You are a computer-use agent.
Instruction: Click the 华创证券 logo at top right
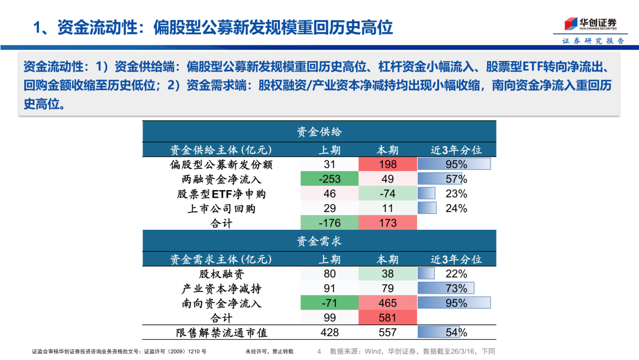point(589,24)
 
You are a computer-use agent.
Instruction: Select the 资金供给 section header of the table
point(319,131)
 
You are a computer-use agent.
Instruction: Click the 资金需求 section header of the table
point(319,242)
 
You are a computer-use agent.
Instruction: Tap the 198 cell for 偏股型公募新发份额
point(388,165)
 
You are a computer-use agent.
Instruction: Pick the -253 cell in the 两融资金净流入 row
point(330,179)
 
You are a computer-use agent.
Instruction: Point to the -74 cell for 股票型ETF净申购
point(388,194)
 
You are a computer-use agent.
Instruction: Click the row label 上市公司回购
point(221,208)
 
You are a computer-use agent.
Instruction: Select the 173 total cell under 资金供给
point(388,223)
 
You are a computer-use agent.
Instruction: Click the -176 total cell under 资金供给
point(330,223)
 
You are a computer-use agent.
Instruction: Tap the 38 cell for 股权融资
point(388,274)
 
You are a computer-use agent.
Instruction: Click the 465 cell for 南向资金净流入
point(388,303)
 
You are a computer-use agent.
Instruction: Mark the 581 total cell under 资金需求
point(388,318)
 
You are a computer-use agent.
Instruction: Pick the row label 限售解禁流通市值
point(221,333)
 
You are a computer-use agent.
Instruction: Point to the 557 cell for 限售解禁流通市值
point(388,333)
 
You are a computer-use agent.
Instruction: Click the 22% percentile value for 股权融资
point(456,274)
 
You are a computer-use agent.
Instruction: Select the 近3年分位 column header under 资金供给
point(456,150)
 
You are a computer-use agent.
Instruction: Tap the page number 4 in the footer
point(319,352)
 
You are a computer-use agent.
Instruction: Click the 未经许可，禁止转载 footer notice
point(269,352)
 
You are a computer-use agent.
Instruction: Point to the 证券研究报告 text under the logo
point(592,41)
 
